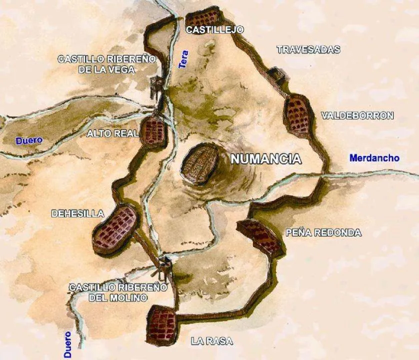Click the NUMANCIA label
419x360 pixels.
[x=266, y=159]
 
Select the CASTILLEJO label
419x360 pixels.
[x=214, y=30]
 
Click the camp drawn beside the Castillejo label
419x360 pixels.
[x=202, y=18]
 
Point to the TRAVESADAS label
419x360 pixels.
[x=308, y=49]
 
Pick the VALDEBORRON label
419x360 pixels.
[x=357, y=115]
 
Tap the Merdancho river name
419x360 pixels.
[x=374, y=158]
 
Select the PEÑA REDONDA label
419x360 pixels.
[x=323, y=232]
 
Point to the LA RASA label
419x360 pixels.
[x=212, y=341]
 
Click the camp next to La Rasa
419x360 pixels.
[x=163, y=324]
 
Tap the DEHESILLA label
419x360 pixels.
[x=77, y=213]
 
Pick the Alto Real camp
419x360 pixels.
[x=153, y=131]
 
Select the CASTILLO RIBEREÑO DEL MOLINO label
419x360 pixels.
[x=118, y=292]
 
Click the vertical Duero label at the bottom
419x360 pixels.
[x=67, y=345]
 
